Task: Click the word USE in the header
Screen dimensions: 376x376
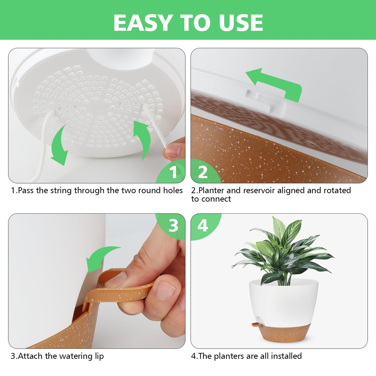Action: [241, 23]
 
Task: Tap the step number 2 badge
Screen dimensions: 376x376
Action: [203, 172]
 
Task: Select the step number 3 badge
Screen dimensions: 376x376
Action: [173, 225]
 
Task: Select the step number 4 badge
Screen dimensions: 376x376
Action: [203, 225]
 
